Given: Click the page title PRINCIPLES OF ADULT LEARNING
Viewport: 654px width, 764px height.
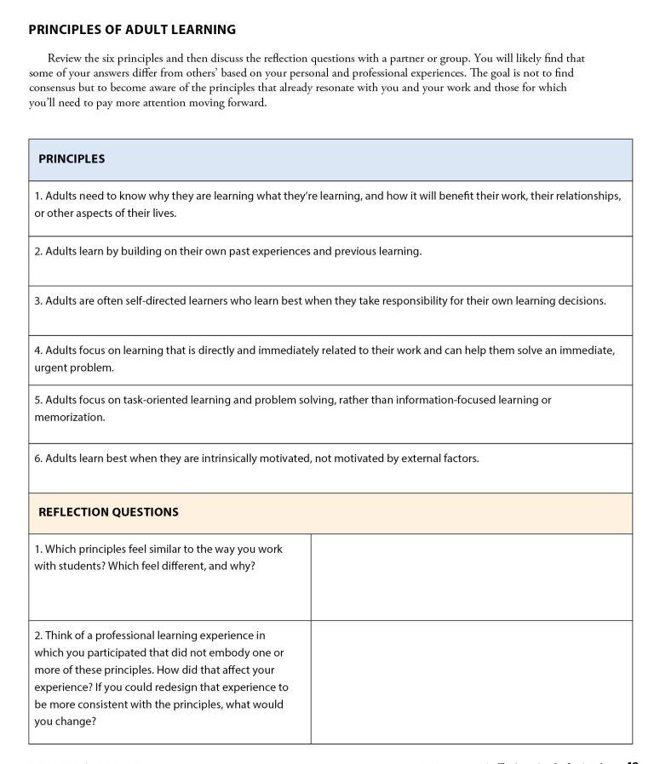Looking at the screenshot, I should [132, 30].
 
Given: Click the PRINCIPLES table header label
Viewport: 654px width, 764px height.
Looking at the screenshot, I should [72, 159].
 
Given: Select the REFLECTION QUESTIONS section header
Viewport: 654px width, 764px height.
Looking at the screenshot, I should [108, 512].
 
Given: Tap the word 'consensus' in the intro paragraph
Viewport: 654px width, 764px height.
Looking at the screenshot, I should [54, 88].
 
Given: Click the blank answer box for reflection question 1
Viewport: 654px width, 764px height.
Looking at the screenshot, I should [471, 577].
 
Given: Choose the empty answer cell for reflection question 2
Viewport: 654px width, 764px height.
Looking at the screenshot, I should [471, 682].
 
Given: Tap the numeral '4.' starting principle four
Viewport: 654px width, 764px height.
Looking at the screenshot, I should [39, 351].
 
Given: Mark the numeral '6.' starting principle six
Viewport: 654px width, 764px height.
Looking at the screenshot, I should [39, 459].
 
